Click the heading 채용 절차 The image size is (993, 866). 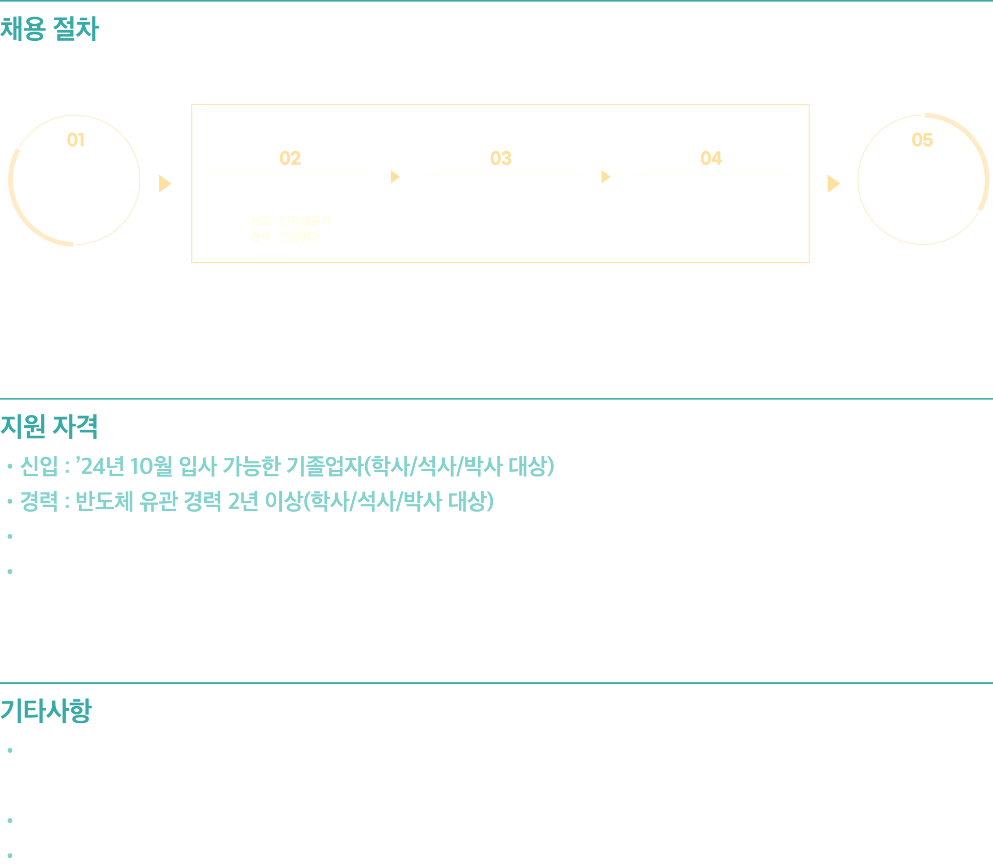pyautogui.click(x=49, y=29)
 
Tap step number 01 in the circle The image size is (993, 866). pyautogui.click(x=76, y=140)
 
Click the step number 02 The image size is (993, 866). pyautogui.click(x=290, y=158)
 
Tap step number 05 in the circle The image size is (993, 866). pyautogui.click(x=922, y=140)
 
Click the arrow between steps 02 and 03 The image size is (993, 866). pyautogui.click(x=395, y=177)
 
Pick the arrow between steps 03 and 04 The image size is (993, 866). pyautogui.click(x=606, y=177)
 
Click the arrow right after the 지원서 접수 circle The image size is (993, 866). pyautogui.click(x=165, y=184)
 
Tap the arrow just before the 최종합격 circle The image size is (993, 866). pyautogui.click(x=833, y=184)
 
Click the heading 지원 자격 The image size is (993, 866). pyautogui.click(x=49, y=427)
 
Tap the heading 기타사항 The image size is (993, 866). pyautogui.click(x=46, y=711)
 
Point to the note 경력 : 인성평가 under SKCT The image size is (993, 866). pyautogui.click(x=285, y=236)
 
